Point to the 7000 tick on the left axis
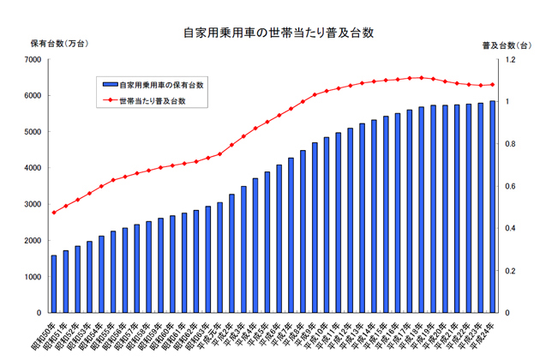click(33, 60)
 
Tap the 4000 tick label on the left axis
click(33, 168)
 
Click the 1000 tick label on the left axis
click(33, 277)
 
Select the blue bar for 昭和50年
click(54, 284)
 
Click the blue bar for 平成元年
click(220, 257)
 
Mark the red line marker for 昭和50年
click(54, 213)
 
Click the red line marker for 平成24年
click(492, 85)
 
